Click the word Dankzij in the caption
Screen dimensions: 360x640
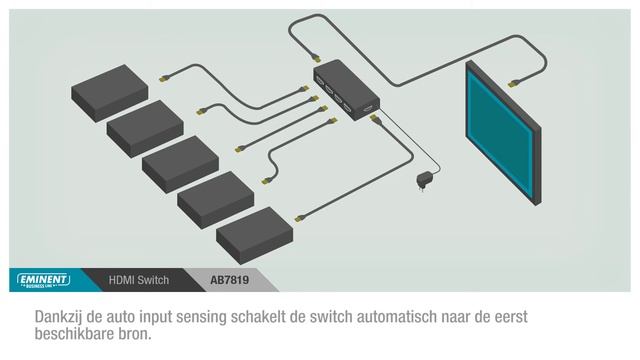pyautogui.click(x=62, y=316)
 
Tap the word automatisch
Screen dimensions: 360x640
pyautogui.click(x=427, y=316)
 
